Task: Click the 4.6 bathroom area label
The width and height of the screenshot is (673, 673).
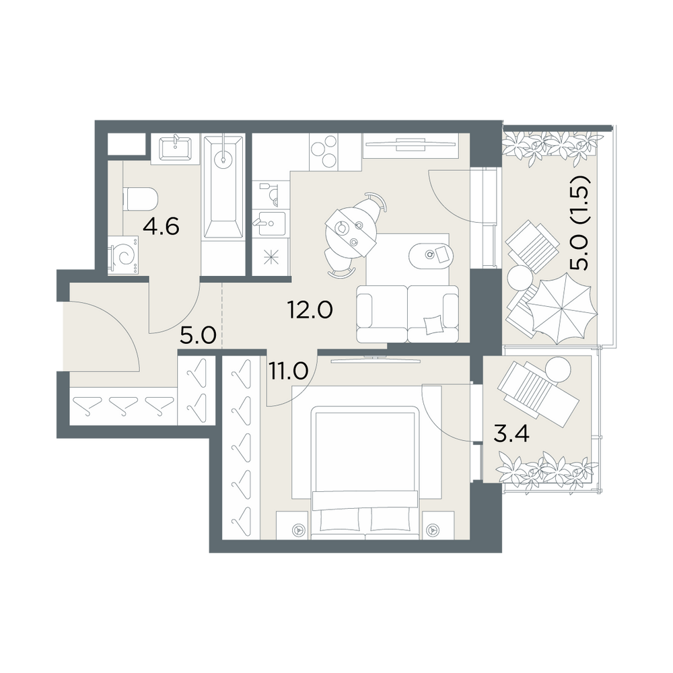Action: (161, 226)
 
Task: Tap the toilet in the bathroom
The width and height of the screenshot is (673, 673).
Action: (141, 199)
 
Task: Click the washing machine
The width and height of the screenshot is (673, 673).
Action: (124, 255)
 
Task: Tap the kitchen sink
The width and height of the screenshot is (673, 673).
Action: (269, 223)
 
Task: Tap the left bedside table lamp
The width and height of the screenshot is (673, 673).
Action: (298, 530)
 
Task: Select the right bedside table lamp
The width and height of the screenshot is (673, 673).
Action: (433, 530)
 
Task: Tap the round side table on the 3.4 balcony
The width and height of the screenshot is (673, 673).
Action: (558, 369)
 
